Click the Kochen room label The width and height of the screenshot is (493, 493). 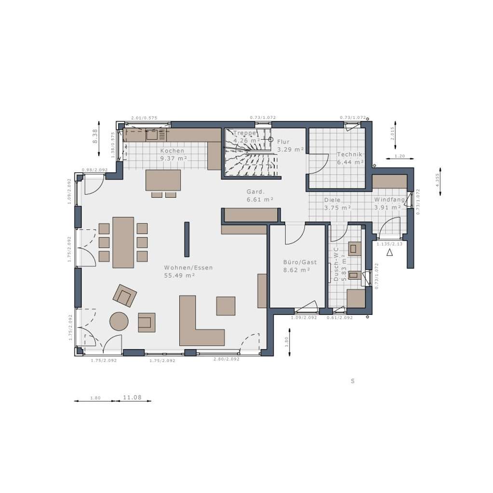(172, 151)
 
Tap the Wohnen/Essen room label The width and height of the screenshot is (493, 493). (188, 268)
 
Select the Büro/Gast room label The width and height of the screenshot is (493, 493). (300, 262)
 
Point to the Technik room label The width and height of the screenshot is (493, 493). (349, 155)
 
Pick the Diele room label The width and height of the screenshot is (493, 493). (332, 200)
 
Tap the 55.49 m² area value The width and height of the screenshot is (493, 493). (179, 276)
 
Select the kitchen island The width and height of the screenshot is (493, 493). (163, 180)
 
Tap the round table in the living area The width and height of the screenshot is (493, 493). (119, 321)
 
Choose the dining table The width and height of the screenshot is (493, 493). (123, 242)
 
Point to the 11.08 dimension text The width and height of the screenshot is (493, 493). (132, 398)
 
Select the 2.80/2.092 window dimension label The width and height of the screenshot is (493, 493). (226, 360)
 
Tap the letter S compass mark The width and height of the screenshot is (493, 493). (352, 381)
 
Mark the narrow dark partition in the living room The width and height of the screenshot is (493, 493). (187, 239)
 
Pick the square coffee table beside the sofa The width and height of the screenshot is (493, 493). (226, 306)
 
